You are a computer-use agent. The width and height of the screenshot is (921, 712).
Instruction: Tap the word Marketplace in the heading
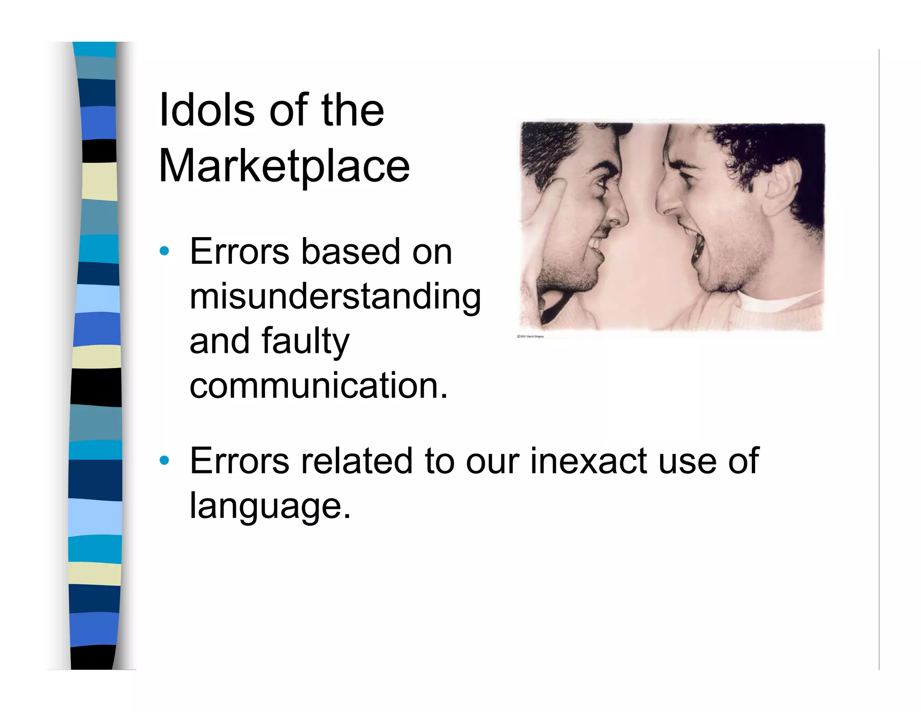tap(284, 167)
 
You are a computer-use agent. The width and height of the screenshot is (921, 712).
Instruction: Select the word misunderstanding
tap(335, 297)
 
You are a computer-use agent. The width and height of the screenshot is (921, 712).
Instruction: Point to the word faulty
tap(305, 341)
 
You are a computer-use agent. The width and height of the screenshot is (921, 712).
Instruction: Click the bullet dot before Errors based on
tap(165, 251)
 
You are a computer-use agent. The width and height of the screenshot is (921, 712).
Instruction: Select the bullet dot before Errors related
tap(165, 460)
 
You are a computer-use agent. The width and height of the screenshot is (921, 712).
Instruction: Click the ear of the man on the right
tap(785, 185)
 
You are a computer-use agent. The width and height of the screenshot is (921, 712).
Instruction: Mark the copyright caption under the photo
tap(531, 336)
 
